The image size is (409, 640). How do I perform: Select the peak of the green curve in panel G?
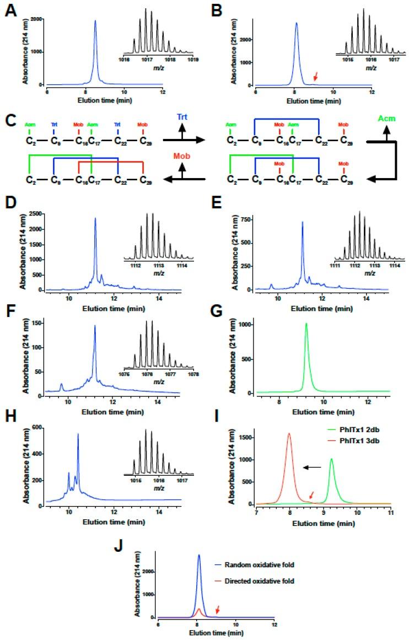(x=306, y=324)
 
